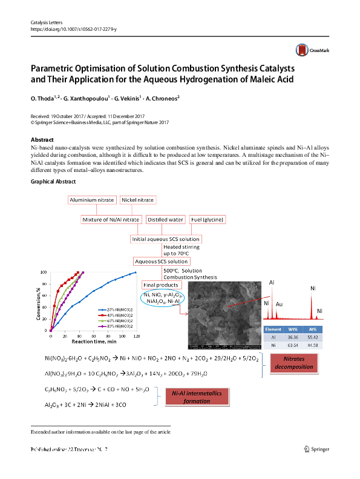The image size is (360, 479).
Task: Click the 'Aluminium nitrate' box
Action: (x=93, y=200)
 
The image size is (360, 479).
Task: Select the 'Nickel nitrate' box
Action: (x=137, y=200)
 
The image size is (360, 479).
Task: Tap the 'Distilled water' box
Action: (x=165, y=220)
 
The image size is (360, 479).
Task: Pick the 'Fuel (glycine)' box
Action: (x=207, y=220)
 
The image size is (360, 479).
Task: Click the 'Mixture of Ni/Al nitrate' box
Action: (x=111, y=220)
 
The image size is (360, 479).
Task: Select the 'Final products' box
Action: (x=160, y=285)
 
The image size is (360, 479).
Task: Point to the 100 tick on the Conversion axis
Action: (x=44, y=273)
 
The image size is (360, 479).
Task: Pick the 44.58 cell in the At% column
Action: (x=329, y=345)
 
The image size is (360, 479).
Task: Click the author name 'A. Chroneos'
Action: (x=160, y=97)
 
